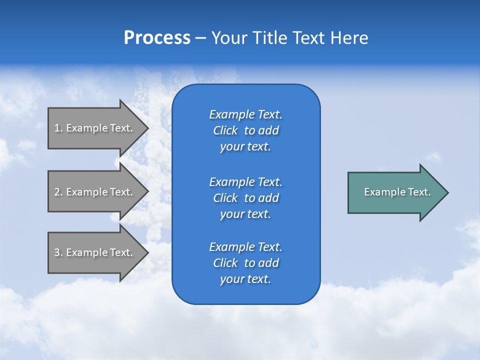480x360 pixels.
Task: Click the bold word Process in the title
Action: (157, 38)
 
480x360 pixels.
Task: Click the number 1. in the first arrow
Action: (58, 128)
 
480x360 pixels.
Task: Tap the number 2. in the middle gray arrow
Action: (58, 192)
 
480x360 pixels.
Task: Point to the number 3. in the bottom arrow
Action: (58, 252)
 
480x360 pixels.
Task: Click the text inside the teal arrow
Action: (397, 192)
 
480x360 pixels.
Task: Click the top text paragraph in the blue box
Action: (245, 130)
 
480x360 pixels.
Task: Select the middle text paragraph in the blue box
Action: (245, 198)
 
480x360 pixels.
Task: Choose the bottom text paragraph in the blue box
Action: (245, 263)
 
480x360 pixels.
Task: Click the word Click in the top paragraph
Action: (225, 130)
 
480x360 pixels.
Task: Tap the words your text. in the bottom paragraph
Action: (245, 279)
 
